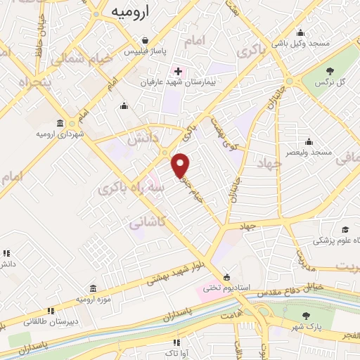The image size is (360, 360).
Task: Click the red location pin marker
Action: [181, 165]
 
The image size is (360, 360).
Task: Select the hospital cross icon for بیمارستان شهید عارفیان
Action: [177, 71]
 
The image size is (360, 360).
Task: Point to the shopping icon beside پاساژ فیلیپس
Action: [143, 40]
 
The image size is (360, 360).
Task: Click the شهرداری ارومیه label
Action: [61, 134]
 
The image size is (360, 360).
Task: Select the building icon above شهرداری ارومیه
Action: [61, 122]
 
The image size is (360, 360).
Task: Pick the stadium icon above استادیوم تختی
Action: [226, 276]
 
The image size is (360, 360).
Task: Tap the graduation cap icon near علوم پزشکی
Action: [345, 230]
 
